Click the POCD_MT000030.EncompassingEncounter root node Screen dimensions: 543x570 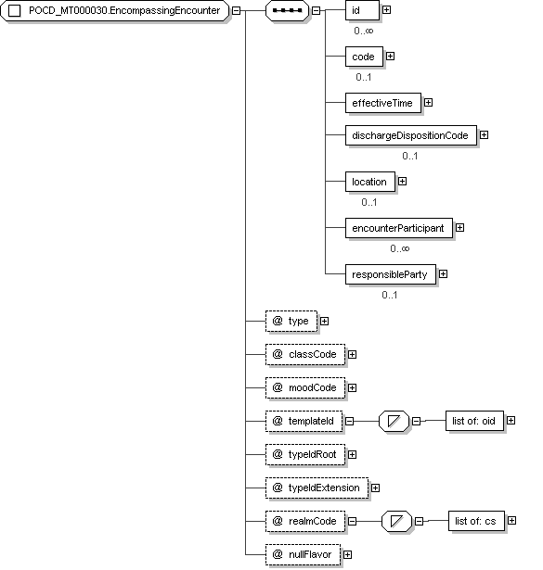[115, 10]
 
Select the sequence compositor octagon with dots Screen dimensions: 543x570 [287, 10]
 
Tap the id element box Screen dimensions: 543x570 [362, 10]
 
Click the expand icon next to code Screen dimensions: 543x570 [390, 57]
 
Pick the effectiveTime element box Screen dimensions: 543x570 [383, 103]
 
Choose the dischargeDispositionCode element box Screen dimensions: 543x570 [411, 135]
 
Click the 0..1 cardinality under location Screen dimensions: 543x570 [369, 202]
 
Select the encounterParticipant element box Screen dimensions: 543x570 [399, 228]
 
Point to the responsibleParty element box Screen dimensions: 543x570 [391, 274]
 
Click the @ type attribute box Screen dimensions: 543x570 [291, 321]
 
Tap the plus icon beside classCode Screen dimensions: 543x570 [353, 354]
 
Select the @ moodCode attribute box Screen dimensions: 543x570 [305, 387]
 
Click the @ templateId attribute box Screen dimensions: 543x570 [304, 421]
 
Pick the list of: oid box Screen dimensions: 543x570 [474, 421]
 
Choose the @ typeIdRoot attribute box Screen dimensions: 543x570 [305, 454]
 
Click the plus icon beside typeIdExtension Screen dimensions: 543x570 [376, 488]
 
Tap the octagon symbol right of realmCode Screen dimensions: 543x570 [396, 521]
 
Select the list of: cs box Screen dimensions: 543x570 [476, 521]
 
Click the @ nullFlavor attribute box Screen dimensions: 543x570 [304, 555]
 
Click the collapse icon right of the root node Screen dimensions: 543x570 [236, 10]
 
